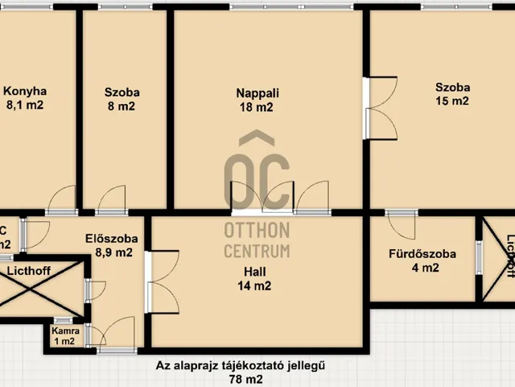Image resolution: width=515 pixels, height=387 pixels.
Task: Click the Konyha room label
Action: (24, 91)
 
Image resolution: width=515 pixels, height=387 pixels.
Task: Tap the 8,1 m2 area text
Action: (24, 105)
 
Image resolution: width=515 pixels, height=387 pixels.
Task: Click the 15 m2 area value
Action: (452, 102)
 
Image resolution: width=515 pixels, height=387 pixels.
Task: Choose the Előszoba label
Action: (111, 239)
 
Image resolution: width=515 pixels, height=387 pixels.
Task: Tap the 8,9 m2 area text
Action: (113, 252)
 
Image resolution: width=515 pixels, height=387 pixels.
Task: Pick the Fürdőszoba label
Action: (422, 254)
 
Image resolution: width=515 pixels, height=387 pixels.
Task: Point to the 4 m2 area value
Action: (424, 268)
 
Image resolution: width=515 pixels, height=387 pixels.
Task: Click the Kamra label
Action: (65, 331)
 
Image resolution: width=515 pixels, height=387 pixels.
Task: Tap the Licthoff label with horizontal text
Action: (29, 272)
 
